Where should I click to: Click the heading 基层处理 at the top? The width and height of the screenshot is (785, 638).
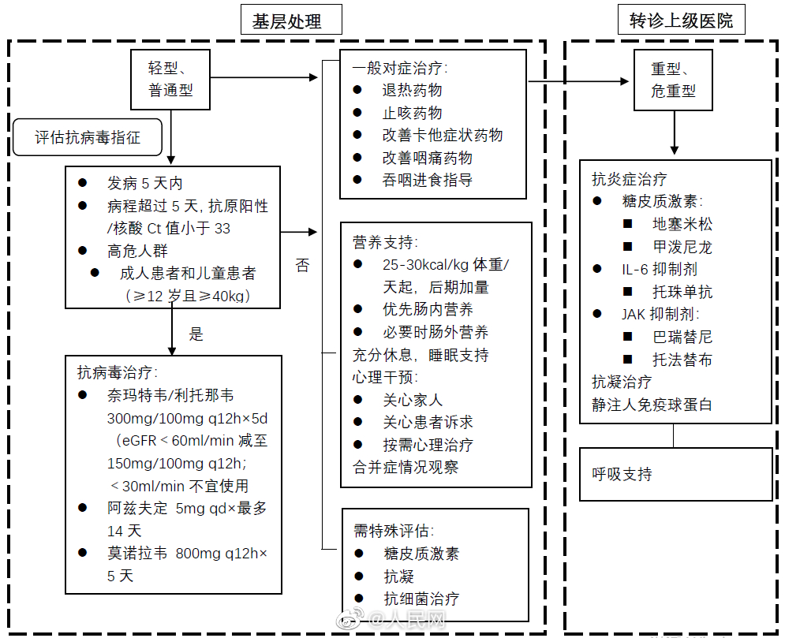click(x=291, y=21)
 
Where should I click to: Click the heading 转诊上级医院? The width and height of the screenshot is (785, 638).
click(x=681, y=21)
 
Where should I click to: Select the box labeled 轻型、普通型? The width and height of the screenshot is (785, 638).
click(x=170, y=79)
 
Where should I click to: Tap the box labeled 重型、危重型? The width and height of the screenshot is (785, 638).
click(x=673, y=79)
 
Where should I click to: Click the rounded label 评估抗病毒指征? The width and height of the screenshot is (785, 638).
click(x=88, y=137)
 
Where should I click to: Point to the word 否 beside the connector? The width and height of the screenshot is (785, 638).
click(x=302, y=266)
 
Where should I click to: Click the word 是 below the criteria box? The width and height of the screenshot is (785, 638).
click(x=196, y=334)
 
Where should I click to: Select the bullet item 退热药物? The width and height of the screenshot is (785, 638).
click(x=412, y=90)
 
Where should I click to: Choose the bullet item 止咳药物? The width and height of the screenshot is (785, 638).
click(x=412, y=113)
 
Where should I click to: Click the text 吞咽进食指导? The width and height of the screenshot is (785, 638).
click(x=427, y=180)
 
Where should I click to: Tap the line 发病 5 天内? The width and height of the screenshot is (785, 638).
click(x=144, y=184)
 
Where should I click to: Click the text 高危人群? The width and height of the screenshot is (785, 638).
click(x=137, y=251)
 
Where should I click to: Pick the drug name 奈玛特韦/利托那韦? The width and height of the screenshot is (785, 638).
click(x=170, y=395)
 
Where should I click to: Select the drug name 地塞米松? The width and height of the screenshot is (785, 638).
click(x=682, y=224)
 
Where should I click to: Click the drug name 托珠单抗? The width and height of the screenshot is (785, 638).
click(x=682, y=292)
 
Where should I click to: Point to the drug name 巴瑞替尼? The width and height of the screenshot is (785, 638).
click(x=682, y=337)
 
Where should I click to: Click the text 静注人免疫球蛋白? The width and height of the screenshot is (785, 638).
click(x=652, y=405)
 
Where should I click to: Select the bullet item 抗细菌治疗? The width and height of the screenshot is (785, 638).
click(x=421, y=599)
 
